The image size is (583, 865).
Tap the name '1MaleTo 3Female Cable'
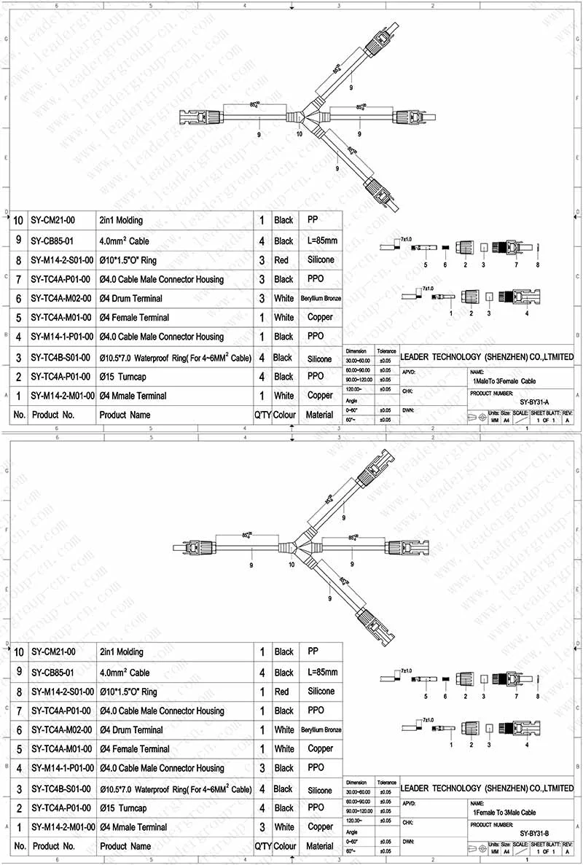pyautogui.click(x=504, y=380)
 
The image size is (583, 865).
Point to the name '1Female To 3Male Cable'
pyautogui.click(x=505, y=812)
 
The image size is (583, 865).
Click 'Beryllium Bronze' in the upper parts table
pyautogui.click(x=321, y=298)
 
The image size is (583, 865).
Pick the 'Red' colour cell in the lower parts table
pyautogui.click(x=283, y=692)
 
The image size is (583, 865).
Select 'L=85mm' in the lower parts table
pyautogui.click(x=321, y=672)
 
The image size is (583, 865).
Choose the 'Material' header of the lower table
pyautogui.click(x=320, y=846)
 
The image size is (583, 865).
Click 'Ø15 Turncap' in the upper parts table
pyautogui.click(x=123, y=377)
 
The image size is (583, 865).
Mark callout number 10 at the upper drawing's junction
pyautogui.click(x=299, y=133)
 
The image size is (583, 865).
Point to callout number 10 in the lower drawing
pyautogui.click(x=292, y=564)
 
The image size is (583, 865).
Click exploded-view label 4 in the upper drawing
pyautogui.click(x=526, y=313)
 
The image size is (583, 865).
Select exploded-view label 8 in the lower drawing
pyautogui.click(x=537, y=697)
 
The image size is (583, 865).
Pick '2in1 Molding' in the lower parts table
pyautogui.click(x=121, y=652)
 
